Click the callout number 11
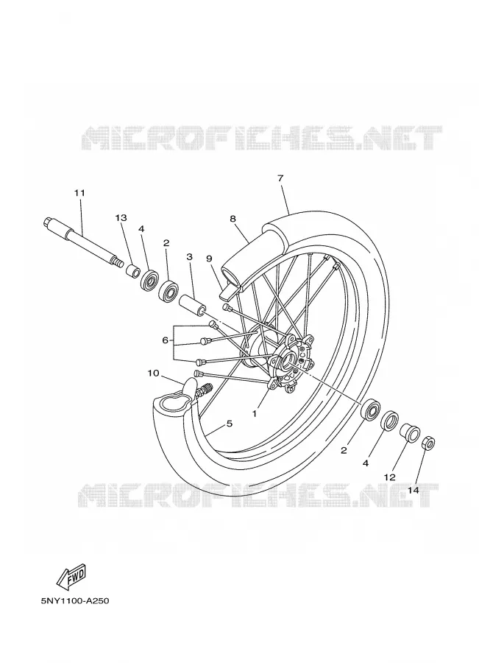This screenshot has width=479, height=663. click(79, 193)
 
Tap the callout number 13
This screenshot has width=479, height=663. click(121, 218)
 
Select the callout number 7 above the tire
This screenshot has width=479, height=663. click(280, 178)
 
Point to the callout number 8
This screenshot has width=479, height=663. click(233, 219)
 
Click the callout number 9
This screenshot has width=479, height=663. click(209, 258)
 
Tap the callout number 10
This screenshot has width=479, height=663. click(153, 373)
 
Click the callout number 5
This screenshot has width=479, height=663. click(230, 424)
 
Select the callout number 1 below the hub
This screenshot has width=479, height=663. click(255, 414)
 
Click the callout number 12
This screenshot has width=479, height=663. click(389, 477)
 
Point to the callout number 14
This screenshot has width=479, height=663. click(414, 490)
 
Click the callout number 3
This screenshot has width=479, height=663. click(189, 256)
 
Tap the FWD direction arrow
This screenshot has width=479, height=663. click(72, 576)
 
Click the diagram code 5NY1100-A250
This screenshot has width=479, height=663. click(75, 600)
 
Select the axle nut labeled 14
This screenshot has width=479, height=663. click(428, 443)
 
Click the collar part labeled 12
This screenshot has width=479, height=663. click(410, 433)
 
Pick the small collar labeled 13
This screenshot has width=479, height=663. click(132, 270)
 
